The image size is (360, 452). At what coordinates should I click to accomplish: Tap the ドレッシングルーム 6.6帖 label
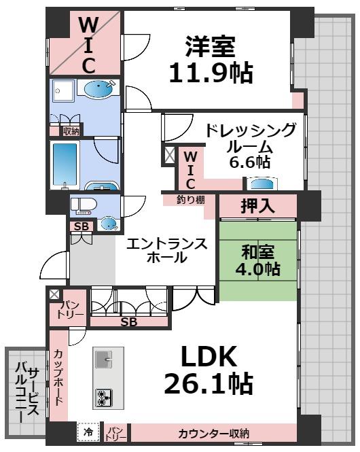(x=249, y=146)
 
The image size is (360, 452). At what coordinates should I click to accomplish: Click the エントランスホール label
(x=167, y=249)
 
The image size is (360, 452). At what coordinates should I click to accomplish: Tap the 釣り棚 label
(x=181, y=201)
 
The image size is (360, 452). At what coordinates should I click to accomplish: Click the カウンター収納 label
(x=213, y=433)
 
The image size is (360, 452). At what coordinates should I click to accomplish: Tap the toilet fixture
(x=84, y=205)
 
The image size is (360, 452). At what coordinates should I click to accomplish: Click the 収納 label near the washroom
(x=71, y=130)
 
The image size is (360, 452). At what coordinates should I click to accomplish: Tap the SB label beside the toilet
(x=80, y=226)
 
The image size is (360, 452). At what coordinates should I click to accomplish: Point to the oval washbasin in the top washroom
(x=97, y=89)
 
